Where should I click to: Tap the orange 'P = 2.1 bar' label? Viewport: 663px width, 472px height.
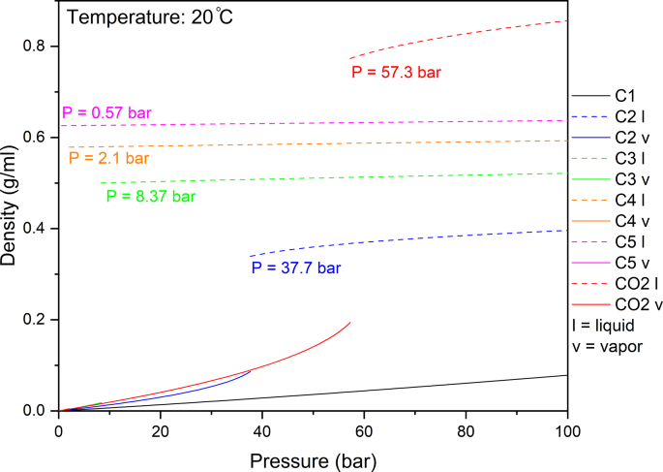[108, 158]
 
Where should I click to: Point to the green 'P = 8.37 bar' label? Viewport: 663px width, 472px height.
[150, 196]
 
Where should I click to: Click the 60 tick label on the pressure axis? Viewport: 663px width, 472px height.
[364, 430]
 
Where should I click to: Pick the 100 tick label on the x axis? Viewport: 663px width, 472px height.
[567, 430]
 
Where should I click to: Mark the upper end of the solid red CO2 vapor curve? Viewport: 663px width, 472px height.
[350, 322]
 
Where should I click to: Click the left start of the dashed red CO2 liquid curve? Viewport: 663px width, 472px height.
[350, 59]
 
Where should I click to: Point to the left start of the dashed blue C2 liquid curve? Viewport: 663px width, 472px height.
[251, 256]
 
